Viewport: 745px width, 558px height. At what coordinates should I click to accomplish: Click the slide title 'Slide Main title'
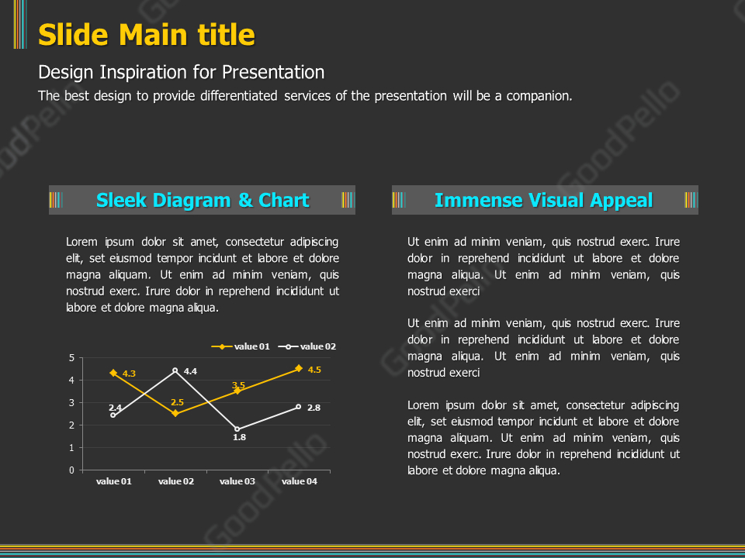(147, 35)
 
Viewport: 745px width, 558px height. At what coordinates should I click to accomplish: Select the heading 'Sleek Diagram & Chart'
(203, 200)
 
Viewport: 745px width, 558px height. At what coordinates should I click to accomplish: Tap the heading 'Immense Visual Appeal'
(543, 200)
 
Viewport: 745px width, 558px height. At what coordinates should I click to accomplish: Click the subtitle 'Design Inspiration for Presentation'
(181, 72)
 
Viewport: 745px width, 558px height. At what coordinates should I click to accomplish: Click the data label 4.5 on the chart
(314, 370)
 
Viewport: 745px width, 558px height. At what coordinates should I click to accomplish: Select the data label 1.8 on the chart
(239, 437)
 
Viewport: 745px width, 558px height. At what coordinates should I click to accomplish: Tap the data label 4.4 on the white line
(190, 371)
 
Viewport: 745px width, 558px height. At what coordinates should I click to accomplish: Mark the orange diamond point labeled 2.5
(175, 413)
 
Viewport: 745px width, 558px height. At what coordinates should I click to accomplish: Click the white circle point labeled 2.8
(299, 407)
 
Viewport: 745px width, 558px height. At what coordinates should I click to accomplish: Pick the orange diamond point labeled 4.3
(113, 373)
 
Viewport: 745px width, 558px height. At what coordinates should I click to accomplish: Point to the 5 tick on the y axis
(71, 358)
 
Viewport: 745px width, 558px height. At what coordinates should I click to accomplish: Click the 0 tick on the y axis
(71, 470)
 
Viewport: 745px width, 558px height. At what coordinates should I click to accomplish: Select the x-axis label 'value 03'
(237, 481)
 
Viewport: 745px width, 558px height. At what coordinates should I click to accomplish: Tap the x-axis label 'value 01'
(114, 481)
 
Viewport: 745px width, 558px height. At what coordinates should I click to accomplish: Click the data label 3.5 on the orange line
(239, 385)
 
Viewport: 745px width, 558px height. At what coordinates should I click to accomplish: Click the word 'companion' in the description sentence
(541, 96)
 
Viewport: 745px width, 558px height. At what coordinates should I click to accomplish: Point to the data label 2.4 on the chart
(115, 408)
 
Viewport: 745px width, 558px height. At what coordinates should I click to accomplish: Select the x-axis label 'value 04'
(300, 481)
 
